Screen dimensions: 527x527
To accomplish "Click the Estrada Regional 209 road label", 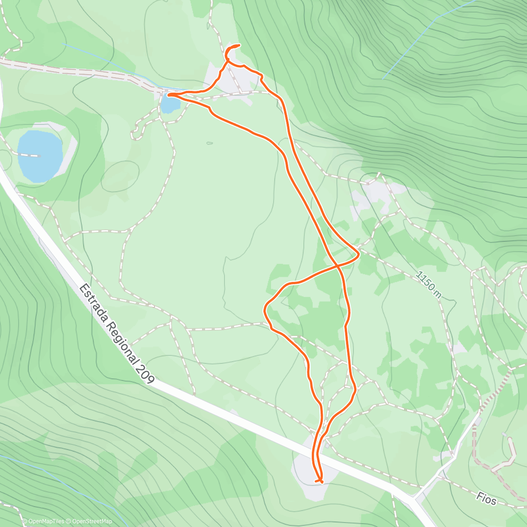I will pos(117,334).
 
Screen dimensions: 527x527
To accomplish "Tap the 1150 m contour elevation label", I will pos(429,284).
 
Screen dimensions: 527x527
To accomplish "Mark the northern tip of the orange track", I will pos(239,45).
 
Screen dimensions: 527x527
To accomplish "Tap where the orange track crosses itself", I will pos(337,265).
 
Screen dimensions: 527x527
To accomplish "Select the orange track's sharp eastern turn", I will pos(359,254).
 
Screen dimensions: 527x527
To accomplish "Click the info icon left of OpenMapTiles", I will pos(25,521).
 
